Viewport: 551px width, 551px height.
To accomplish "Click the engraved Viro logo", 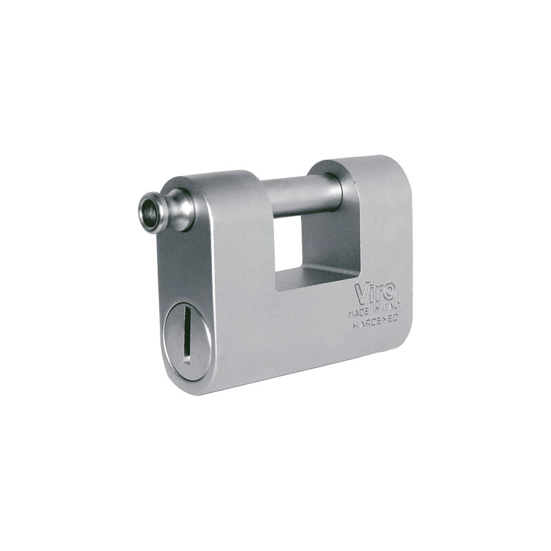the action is pos(375,292).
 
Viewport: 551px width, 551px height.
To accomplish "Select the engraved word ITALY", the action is pos(391,306).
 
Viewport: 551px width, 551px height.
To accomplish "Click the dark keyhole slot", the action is pos(187,334).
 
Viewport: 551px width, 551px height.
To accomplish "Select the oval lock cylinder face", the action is pos(188,341).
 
